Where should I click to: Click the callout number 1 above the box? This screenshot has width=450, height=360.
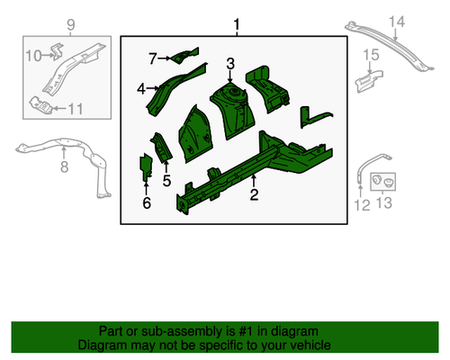237,23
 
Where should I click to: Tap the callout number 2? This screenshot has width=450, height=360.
255,193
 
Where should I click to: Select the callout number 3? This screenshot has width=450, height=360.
230,63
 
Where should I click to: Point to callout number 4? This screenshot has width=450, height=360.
142,88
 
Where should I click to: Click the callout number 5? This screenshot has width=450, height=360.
166,180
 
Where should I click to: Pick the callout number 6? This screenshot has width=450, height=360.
147,202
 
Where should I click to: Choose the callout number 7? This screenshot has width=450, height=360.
153,58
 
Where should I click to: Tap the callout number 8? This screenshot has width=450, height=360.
64,166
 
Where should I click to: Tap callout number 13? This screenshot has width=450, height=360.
385,205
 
